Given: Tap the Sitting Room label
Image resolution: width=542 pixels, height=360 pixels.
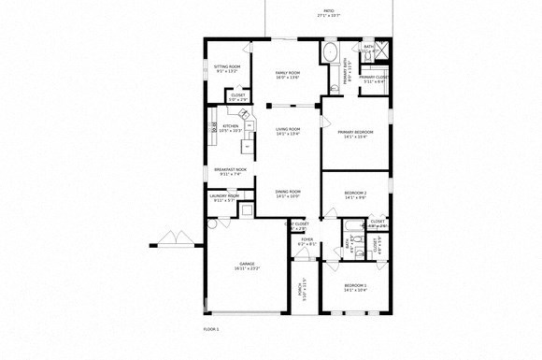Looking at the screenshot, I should pos(227,68).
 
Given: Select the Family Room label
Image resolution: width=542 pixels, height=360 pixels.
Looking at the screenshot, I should pos(287,75).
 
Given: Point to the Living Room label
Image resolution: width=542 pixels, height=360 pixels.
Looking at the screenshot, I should pos(287,131).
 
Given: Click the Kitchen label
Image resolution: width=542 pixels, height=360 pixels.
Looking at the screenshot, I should pos(230,127).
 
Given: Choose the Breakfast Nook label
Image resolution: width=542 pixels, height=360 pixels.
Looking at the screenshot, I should pos(228,171).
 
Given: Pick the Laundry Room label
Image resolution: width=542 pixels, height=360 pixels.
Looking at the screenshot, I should pos(226,197).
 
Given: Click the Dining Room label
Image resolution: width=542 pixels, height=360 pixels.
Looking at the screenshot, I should pos(287,194).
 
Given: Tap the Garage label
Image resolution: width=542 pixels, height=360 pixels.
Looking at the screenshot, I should pos(247,266).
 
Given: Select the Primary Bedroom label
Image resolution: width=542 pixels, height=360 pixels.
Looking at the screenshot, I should pos(355,135).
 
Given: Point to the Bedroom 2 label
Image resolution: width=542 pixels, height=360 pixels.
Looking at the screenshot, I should pos(355,195).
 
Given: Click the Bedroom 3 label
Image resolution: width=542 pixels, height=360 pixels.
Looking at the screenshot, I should pos(355,287).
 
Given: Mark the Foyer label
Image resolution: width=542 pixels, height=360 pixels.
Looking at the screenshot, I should pos(307,241).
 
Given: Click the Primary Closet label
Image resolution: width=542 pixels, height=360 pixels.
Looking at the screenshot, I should pos(374,79).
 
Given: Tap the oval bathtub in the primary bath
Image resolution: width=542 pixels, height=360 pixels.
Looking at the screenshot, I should pos(330,52).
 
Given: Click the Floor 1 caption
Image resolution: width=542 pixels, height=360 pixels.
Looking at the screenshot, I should pos(211,329).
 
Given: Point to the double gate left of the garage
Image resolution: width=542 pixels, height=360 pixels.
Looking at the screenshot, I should pos(173,239).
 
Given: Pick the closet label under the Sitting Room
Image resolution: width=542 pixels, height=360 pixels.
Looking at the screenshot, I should pos(238,96).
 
